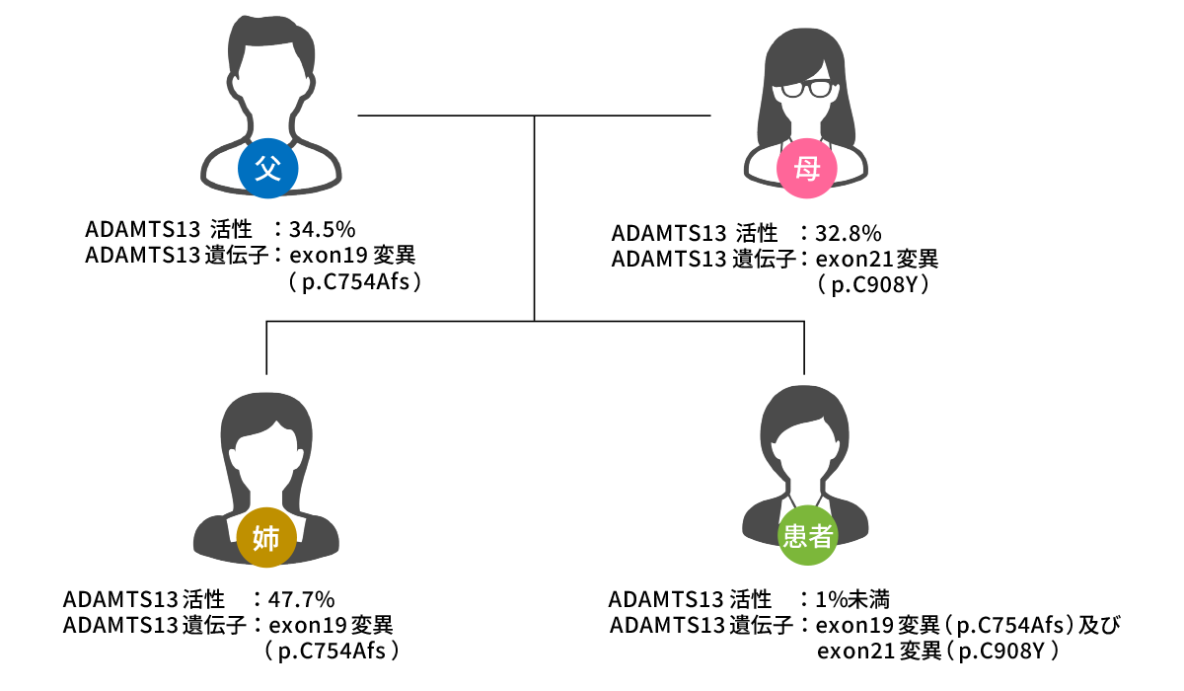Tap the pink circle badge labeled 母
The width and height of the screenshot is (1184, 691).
[x=807, y=169]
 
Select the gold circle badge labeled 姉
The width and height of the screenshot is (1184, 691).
[x=266, y=538]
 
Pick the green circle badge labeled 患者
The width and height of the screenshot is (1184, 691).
[x=808, y=536]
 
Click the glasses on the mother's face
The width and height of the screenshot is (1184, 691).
[x=806, y=90]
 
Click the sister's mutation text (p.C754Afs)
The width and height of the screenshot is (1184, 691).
[x=333, y=651]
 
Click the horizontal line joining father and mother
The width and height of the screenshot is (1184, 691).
[x=444, y=115]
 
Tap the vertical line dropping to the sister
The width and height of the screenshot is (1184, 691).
[x=266, y=347]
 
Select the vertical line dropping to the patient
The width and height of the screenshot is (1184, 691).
[x=805, y=347]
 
